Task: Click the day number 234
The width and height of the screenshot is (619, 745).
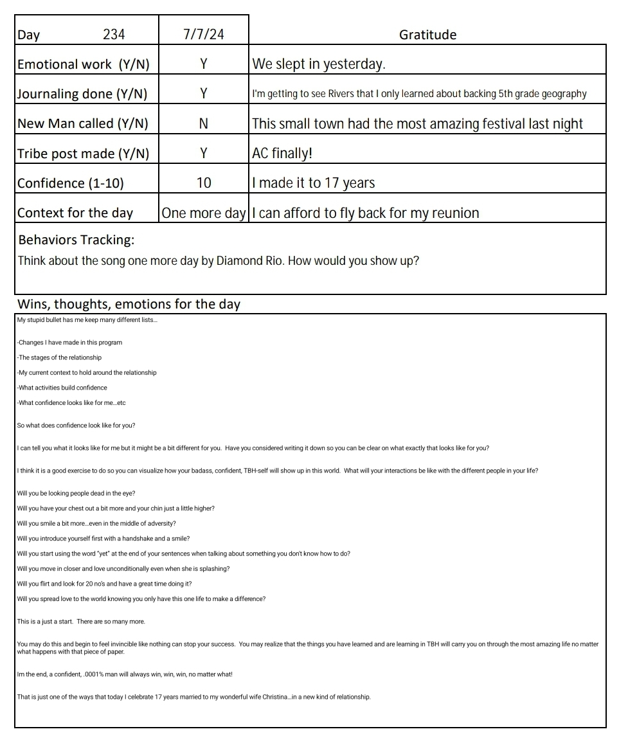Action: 114,35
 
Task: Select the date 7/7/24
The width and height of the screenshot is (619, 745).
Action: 203,35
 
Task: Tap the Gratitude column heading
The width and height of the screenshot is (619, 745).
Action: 427,35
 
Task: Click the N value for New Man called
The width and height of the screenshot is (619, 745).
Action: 203,123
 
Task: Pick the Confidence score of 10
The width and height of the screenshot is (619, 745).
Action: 203,183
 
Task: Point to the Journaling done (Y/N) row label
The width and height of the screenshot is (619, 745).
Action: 82,94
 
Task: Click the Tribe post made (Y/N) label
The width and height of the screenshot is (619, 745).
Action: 83,154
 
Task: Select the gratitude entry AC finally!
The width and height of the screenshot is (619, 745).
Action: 282,154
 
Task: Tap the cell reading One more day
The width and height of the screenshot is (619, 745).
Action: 203,213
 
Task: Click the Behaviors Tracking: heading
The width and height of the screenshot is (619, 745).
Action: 76,240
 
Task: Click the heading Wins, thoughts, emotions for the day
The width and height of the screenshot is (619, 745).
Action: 129,304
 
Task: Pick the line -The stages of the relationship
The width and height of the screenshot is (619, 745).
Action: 59,357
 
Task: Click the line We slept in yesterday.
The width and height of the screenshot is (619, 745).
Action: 318,64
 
